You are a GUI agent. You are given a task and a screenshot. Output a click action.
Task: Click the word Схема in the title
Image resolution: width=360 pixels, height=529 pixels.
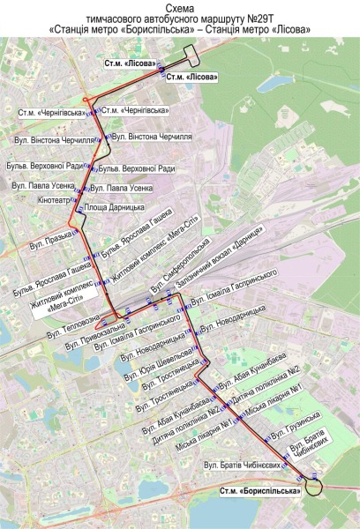pos(180,7)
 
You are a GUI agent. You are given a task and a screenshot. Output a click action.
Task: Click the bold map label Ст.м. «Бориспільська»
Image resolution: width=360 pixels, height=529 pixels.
pos(260,491)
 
